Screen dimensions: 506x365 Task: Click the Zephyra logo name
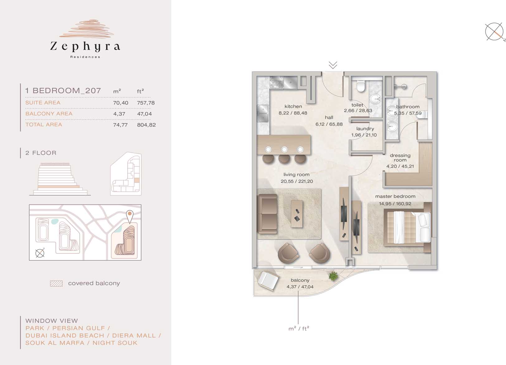click(x=85, y=46)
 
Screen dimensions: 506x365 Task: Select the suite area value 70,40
click(x=121, y=103)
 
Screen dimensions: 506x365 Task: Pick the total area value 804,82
click(x=146, y=125)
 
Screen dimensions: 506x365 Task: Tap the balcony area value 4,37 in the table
click(x=119, y=114)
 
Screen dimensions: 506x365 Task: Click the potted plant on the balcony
click(x=333, y=276)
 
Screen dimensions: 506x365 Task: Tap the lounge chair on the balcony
click(x=268, y=280)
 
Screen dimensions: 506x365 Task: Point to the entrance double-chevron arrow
click(x=333, y=65)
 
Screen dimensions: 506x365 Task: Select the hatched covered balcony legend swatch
click(x=56, y=283)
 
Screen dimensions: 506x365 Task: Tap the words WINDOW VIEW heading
click(x=52, y=321)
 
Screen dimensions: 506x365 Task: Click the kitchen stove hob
click(x=276, y=82)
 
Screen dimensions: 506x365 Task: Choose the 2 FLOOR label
click(x=41, y=153)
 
